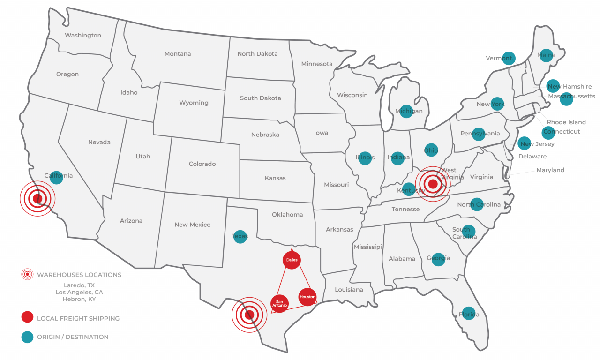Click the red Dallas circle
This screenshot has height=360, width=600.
tap(292, 260)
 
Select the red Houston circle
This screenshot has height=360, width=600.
tap(307, 297)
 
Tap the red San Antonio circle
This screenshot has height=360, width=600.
tap(280, 303)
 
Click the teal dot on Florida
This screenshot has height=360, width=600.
tap(468, 314)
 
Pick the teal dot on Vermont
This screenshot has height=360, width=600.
tap(509, 58)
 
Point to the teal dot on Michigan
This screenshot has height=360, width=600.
tap(406, 111)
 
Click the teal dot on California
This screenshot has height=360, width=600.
tap(56, 178)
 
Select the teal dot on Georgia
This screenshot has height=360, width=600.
tap(438, 259)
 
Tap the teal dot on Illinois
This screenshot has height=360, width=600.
tap(365, 158)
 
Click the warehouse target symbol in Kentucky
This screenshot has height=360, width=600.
tap(433, 184)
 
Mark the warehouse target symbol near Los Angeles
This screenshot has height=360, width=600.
tap(37, 199)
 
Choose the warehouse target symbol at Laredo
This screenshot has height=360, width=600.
tap(249, 315)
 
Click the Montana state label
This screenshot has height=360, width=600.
tap(178, 54)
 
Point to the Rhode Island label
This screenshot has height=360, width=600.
tap(566, 122)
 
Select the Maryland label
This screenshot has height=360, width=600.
tap(550, 170)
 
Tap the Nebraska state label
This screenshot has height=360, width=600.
tap(265, 135)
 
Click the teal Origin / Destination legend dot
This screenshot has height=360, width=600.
tap(27, 337)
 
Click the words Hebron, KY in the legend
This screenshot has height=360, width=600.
tap(79, 299)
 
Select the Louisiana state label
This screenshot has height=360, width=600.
tap(349, 290)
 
